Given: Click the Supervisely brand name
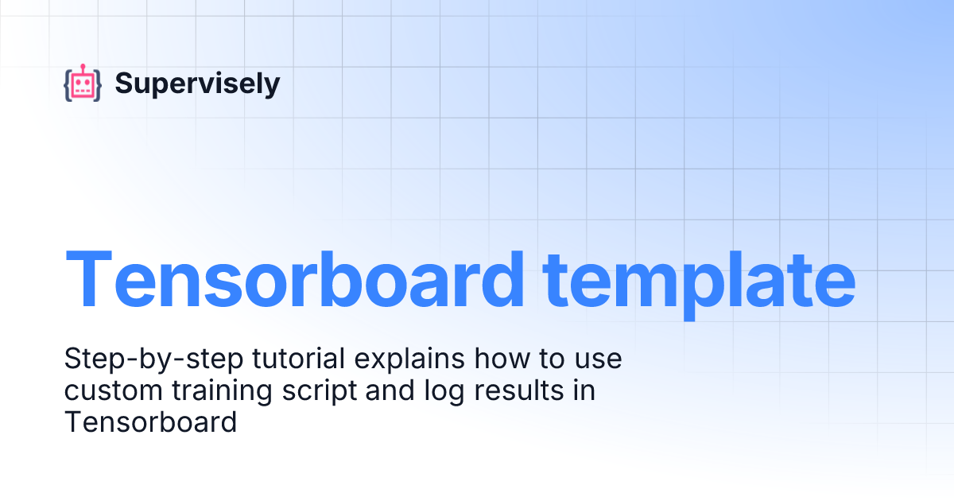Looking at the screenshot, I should coord(197,83).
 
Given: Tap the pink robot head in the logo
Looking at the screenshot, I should coord(83,85).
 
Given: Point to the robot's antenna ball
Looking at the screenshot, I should coord(83,66).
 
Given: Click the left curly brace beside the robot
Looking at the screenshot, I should coord(68,85).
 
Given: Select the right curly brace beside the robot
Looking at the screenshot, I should coord(98,85).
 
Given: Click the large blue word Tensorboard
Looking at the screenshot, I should coord(294,279).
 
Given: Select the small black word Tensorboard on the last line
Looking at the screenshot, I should coord(150,422).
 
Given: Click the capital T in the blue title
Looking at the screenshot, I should coord(89,279).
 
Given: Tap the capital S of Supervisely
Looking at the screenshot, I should coord(123,83).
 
